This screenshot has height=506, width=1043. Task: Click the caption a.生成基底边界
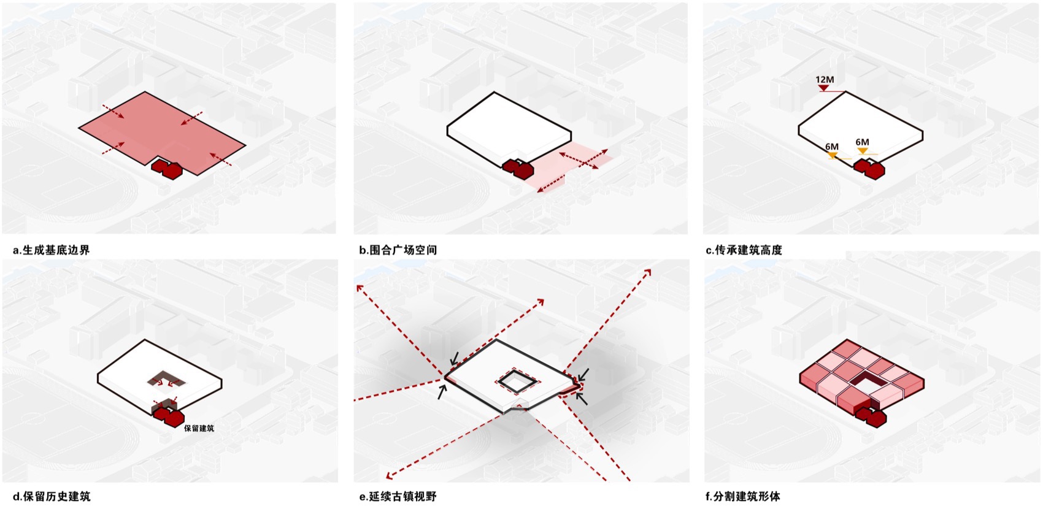click(51, 250)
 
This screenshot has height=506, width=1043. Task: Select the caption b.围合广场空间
click(398, 250)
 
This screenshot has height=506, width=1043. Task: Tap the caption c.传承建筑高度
click(744, 250)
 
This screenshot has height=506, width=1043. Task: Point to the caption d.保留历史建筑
click(52, 496)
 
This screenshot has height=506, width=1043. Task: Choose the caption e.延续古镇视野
click(398, 496)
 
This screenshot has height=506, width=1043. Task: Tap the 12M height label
click(824, 80)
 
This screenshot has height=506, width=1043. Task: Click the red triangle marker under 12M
click(824, 88)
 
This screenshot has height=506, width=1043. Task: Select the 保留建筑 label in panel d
click(199, 428)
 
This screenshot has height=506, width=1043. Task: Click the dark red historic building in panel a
click(167, 168)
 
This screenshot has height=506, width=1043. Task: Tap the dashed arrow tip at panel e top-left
click(358, 286)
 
